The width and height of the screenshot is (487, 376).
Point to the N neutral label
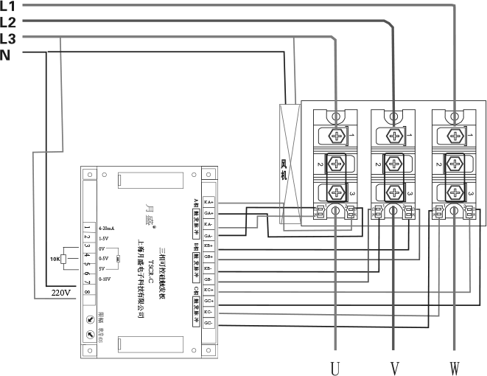[x=6, y=55]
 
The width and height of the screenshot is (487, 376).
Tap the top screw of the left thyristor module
[x=336, y=136]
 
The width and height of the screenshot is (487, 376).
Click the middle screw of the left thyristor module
[x=336, y=164]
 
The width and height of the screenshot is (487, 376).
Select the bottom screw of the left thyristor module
[x=336, y=192]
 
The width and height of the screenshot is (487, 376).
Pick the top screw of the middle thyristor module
[x=395, y=136]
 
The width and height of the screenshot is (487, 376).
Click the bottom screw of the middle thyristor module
[x=395, y=192]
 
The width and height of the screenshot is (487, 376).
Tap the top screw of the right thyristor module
[x=455, y=136]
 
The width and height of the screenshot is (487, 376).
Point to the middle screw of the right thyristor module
[x=455, y=164]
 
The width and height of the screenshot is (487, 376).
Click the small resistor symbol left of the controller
[x=64, y=259]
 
